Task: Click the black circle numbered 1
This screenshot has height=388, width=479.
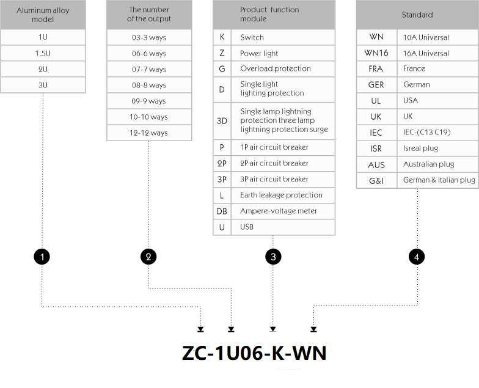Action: [42, 257]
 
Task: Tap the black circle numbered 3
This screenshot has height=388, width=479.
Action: [273, 257]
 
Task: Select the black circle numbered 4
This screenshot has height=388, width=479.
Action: [417, 257]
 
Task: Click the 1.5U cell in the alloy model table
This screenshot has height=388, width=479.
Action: [43, 53]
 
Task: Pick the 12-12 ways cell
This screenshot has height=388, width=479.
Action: [149, 133]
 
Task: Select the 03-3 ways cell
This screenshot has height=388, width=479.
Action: [149, 37]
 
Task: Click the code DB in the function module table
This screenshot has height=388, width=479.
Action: [222, 211]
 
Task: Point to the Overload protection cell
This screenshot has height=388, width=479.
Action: [283, 68]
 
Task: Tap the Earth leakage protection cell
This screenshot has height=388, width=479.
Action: [283, 196]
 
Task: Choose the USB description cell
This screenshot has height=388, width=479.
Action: [283, 227]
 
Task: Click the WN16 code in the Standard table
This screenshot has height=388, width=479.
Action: [376, 53]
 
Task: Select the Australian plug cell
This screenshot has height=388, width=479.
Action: [437, 164]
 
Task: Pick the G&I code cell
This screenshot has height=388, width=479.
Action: [376, 181]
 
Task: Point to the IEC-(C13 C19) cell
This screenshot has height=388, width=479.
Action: [437, 132]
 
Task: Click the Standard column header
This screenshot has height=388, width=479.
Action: [417, 15]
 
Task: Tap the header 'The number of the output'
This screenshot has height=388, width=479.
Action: [149, 15]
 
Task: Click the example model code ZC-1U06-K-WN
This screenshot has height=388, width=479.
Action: [254, 353]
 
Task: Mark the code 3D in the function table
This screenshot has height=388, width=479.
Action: [222, 121]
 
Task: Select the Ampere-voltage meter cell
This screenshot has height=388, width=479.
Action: [283, 211]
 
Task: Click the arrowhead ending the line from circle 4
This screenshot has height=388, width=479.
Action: [313, 329]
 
